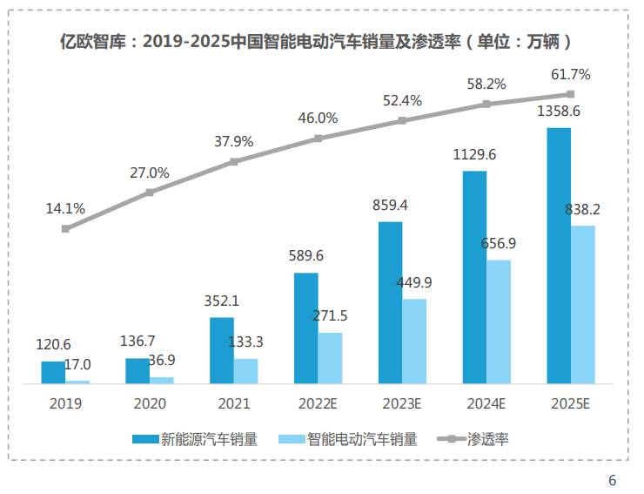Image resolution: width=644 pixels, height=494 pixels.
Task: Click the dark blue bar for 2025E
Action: coord(559,255)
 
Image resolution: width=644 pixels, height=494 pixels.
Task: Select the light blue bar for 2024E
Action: coord(499,321)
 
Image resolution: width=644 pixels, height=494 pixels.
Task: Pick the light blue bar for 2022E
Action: coord(330,357)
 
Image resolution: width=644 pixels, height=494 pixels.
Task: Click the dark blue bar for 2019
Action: coord(53,372)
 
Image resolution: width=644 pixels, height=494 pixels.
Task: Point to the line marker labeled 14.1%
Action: coord(65,228)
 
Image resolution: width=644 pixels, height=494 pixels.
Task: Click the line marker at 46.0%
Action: coord(319,138)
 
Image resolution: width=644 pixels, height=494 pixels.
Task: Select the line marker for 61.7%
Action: coord(571,94)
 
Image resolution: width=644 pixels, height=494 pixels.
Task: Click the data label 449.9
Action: coord(414,282)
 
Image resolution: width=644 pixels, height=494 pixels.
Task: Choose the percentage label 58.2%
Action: coord(486,85)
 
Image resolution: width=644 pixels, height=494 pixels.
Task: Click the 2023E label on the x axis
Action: coord(402,403)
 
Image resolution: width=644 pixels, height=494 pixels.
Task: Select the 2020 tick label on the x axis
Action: coord(150,403)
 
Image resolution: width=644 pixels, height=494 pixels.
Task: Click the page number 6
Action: coord(612,480)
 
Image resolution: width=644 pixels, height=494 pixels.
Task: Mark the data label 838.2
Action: coord(583,209)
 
